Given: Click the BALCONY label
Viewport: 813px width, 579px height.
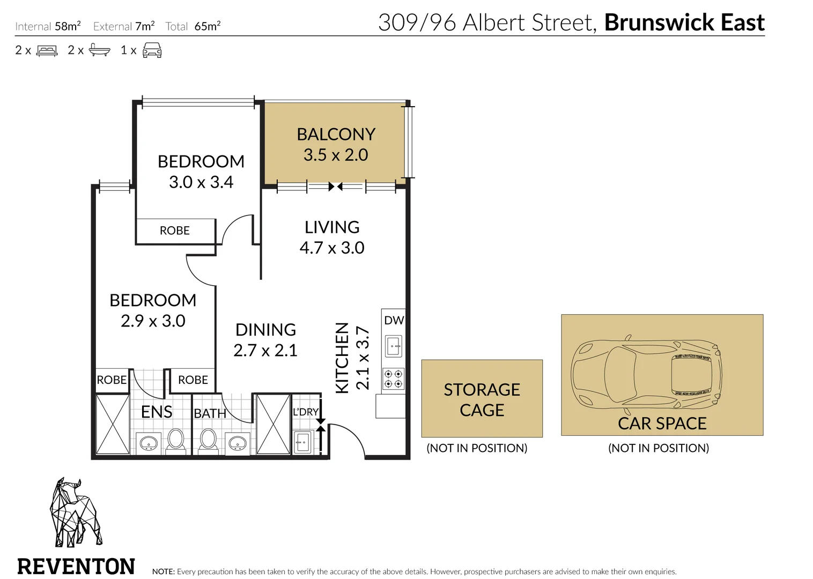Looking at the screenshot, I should point(336,134).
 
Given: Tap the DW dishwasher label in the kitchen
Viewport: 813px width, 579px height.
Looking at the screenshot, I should point(394,320).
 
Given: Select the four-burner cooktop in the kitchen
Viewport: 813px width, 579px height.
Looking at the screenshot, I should point(393,378).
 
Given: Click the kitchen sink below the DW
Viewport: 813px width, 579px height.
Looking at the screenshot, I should point(393,346).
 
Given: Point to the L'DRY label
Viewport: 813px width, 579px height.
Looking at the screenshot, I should point(305,412).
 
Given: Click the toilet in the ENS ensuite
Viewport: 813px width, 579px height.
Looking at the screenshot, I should point(175,440).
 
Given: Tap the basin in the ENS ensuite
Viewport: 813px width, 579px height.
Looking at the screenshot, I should point(148,443).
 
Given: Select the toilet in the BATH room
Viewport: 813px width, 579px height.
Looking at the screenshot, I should point(208,440).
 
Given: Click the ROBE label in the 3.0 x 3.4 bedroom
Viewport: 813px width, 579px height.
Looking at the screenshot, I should point(175,231).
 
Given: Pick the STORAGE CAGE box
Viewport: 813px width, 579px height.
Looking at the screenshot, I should point(482,399).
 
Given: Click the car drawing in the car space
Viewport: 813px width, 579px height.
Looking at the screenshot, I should point(646,372).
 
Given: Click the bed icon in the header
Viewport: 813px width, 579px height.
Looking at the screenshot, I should point(47,51).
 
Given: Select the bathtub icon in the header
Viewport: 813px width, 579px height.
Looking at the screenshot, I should point(100,50).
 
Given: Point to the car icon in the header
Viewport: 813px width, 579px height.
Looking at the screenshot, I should point(152,50).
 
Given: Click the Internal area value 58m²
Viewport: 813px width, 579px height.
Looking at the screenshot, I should point(68,26).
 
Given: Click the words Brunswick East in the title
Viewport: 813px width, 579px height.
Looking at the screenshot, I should point(684,23).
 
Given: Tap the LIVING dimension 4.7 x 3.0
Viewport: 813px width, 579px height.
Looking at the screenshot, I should point(332,248).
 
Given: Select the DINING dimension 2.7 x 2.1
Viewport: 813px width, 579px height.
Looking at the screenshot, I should point(265,351).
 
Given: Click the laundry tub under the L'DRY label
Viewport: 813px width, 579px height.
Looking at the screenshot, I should point(302,443).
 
